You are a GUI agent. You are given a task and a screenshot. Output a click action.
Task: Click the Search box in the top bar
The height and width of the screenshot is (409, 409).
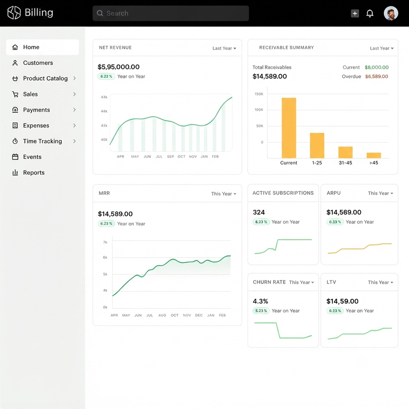tap(170, 13)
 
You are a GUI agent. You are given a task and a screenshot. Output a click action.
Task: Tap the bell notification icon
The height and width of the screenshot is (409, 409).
tap(370, 13)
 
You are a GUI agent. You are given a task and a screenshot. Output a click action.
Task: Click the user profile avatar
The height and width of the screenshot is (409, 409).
tap(391, 13)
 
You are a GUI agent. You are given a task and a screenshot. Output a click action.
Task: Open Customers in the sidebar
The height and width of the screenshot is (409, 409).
tap(38, 63)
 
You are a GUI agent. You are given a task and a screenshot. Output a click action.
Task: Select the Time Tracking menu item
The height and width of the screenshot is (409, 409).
tap(43, 141)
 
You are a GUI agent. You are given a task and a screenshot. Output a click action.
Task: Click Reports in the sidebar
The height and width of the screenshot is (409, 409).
tap(34, 173)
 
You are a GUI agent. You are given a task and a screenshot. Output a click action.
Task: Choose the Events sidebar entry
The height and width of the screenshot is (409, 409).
tap(32, 157)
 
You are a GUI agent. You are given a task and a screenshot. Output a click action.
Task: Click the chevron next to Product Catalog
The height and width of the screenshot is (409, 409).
tap(75, 78)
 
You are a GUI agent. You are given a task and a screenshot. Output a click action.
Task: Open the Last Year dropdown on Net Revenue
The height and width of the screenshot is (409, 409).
tap(225, 48)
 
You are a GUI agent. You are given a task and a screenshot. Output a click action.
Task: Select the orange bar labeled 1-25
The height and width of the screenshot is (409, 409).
tap(317, 146)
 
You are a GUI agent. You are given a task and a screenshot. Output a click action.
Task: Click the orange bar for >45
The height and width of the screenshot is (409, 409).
tap(374, 156)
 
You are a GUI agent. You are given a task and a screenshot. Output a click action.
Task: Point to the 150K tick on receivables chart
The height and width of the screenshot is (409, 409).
tap(259, 94)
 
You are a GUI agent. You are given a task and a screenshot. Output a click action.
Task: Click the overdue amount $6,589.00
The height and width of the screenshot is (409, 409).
tap(376, 76)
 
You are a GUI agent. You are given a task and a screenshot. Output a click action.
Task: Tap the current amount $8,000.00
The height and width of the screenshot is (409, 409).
tap(376, 67)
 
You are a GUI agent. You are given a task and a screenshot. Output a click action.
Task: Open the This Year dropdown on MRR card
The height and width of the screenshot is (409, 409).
tap(224, 194)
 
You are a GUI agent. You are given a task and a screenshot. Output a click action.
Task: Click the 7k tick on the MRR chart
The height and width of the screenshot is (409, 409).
tap(105, 242)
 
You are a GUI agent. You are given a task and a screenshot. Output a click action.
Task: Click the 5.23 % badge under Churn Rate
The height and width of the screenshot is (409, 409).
tap(261, 311)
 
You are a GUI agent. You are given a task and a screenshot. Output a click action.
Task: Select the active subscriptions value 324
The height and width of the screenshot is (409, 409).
tap(259, 212)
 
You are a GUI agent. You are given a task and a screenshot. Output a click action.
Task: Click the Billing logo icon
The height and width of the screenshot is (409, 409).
tap(14, 13)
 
